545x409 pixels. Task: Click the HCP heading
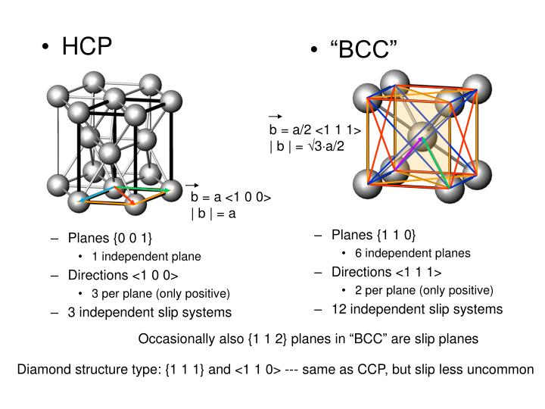tap(87, 46)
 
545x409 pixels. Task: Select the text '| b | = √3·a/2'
tap(307, 145)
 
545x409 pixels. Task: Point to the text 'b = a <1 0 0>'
tap(231, 198)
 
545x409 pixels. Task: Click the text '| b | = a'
tap(213, 213)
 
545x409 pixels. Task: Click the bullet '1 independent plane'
tap(146, 257)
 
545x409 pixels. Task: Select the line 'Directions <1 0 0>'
tap(123, 275)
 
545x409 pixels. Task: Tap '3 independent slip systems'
tap(150, 311)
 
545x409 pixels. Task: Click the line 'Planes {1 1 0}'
tap(373, 235)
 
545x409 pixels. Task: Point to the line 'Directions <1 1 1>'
tap(387, 272)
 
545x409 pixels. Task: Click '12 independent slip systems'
tap(417, 308)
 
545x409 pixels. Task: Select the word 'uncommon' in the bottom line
tap(508, 370)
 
